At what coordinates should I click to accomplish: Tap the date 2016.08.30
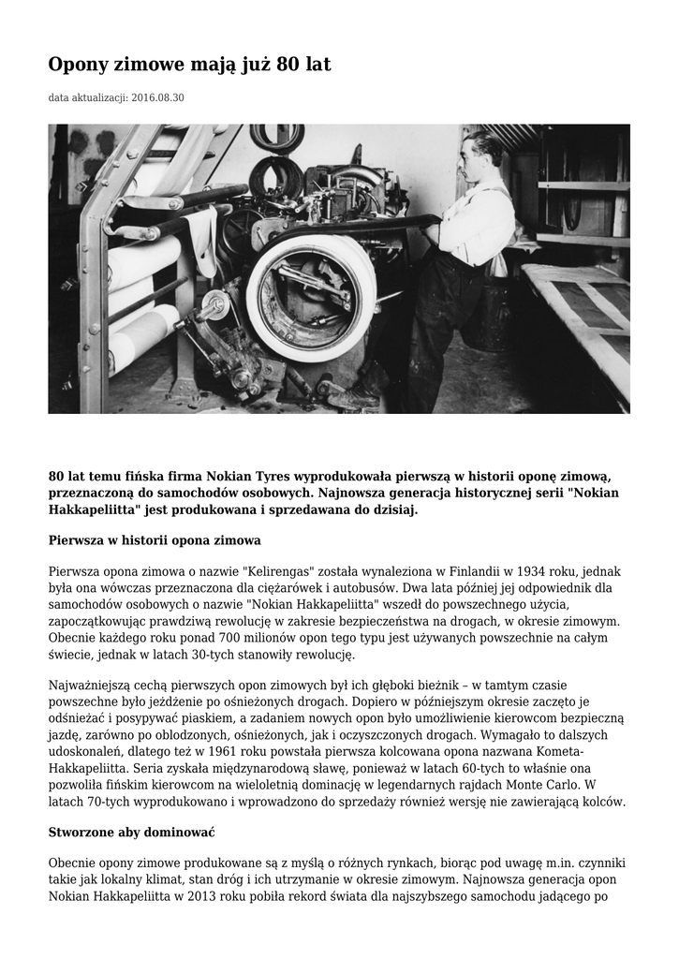click(x=158, y=97)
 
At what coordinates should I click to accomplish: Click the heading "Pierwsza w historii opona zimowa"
click(x=154, y=540)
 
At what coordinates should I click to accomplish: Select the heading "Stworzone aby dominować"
click(x=132, y=832)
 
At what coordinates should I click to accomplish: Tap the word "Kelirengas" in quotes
click(x=285, y=571)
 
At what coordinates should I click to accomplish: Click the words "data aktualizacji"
click(x=88, y=97)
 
